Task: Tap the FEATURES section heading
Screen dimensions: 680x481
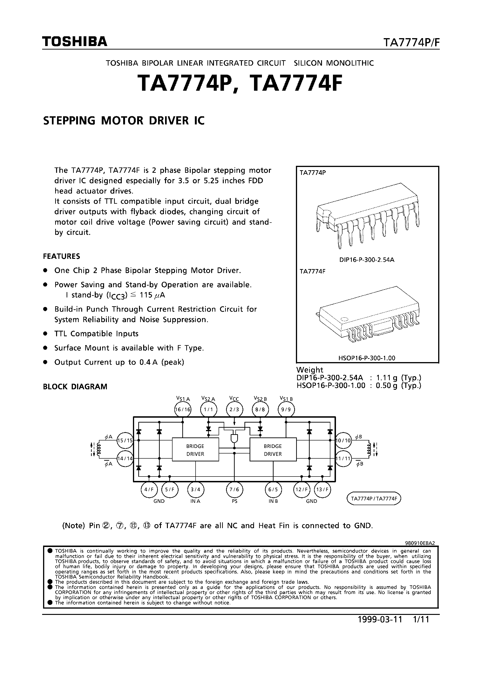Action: (x=61, y=256)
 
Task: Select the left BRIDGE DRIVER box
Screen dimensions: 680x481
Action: (x=195, y=450)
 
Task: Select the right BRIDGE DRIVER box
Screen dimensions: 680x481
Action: (x=273, y=450)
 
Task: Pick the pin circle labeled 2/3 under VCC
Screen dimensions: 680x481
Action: (x=234, y=410)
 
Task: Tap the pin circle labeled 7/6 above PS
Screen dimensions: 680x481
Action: (x=234, y=490)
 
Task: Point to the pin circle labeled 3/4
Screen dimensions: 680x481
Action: (x=195, y=490)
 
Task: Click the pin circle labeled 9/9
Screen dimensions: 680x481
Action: (x=286, y=410)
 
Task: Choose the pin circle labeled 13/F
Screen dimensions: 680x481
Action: (x=322, y=490)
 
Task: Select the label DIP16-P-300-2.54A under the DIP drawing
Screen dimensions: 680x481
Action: (x=367, y=260)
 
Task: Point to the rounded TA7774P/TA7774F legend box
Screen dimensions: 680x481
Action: (x=374, y=498)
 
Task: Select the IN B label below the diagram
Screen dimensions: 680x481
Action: (x=273, y=501)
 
